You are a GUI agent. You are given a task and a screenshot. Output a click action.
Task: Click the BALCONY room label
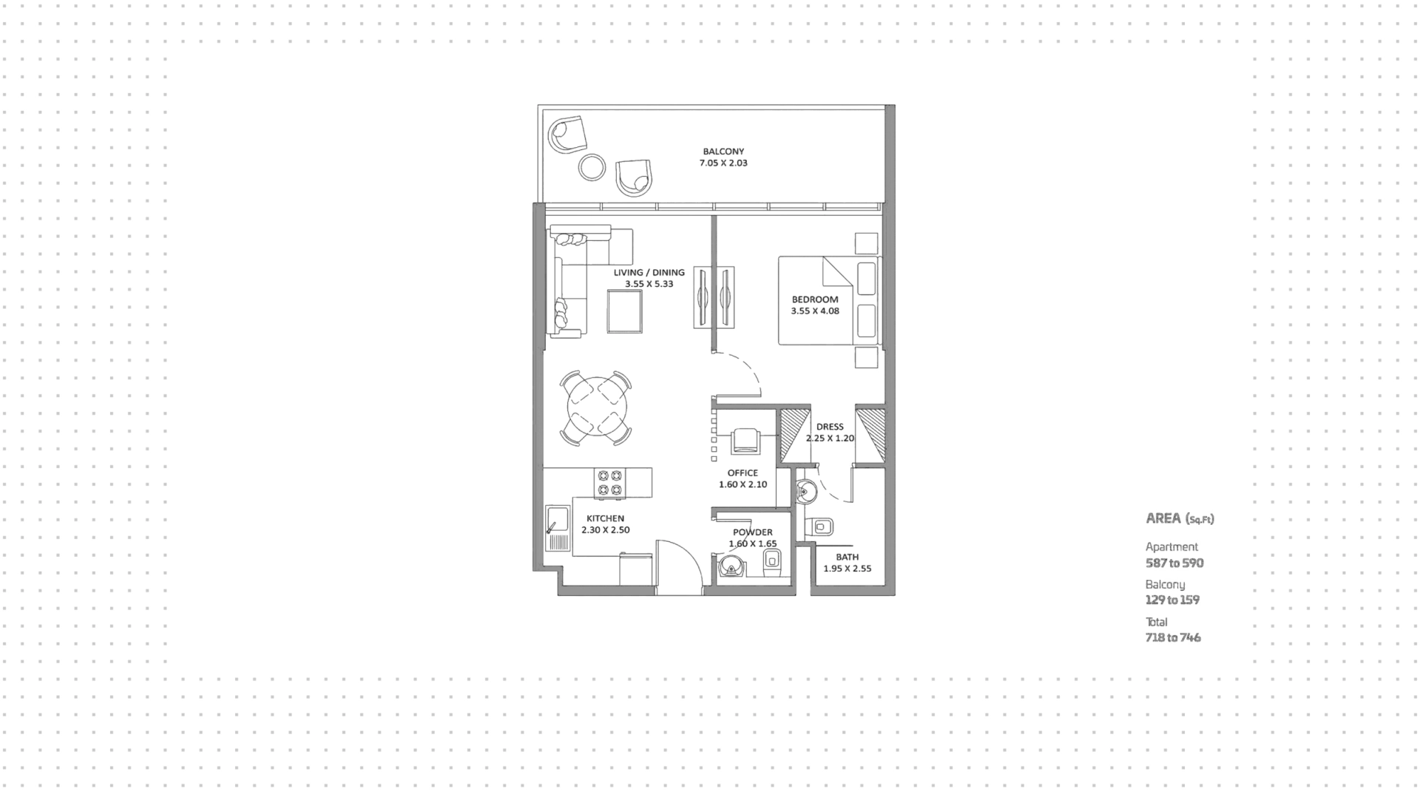(x=723, y=152)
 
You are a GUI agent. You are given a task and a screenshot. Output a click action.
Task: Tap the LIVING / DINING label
(x=649, y=273)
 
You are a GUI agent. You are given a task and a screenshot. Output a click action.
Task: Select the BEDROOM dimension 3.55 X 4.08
(x=815, y=311)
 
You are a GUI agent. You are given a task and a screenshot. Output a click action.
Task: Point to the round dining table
(x=597, y=407)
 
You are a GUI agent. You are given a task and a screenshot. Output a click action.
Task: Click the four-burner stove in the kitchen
(x=609, y=483)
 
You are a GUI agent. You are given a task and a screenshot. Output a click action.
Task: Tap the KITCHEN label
(x=605, y=519)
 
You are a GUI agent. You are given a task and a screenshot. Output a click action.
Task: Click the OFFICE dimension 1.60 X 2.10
(x=743, y=485)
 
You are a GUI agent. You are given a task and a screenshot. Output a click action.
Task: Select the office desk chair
(x=744, y=441)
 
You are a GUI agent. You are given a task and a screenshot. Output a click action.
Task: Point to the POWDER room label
(x=752, y=532)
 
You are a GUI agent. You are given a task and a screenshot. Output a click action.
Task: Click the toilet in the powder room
(x=771, y=563)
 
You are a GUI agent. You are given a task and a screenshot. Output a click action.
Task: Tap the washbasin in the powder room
(x=731, y=567)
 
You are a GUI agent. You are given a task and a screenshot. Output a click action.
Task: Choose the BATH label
(x=848, y=557)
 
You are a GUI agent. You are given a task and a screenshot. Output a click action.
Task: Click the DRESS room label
(x=830, y=427)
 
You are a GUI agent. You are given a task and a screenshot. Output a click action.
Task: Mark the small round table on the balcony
(x=592, y=167)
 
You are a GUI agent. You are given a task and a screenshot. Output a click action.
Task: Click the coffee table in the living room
(x=625, y=312)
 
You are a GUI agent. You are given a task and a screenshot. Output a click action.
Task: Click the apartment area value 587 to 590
(x=1174, y=563)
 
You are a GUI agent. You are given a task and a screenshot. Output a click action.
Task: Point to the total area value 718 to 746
(x=1173, y=638)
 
